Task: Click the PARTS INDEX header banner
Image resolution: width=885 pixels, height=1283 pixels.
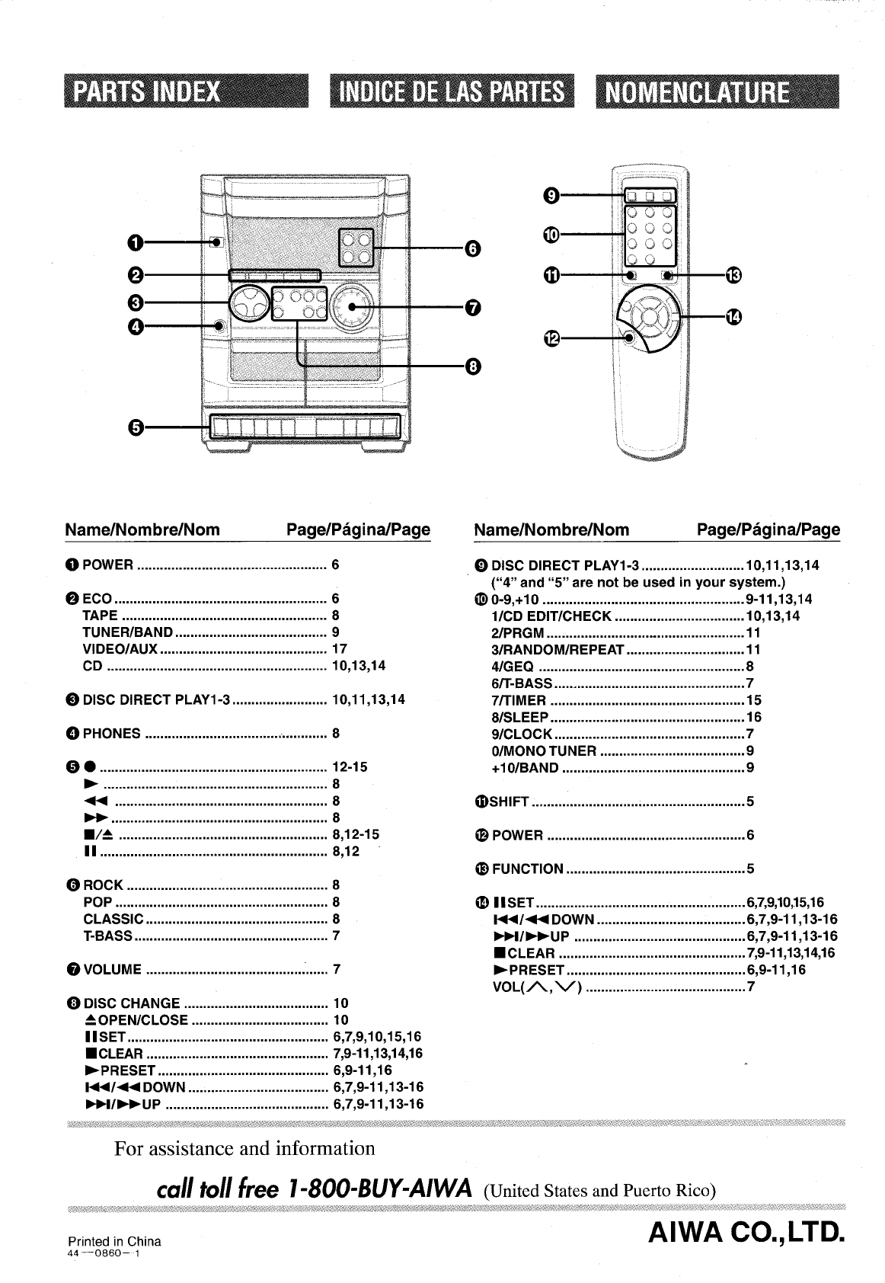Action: pos(186,91)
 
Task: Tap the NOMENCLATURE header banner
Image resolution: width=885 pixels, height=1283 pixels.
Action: pos(717,91)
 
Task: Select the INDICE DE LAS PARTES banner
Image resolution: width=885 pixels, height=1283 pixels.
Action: pos(452,91)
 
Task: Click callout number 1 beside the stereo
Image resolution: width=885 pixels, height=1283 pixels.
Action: pos(135,243)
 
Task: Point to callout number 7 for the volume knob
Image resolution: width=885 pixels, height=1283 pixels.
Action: pos(473,308)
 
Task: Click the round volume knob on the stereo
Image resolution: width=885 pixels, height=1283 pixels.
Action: pos(352,307)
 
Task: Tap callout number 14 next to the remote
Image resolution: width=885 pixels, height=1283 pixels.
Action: pos(734,316)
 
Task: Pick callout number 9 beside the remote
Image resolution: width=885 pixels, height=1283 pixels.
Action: pos(551,196)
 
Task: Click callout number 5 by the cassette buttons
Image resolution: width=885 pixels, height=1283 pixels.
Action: pos(135,427)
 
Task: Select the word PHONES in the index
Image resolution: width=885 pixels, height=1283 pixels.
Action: pos(112,733)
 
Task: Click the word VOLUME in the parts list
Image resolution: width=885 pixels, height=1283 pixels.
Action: pos(112,969)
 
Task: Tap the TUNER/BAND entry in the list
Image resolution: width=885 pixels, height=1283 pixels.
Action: pos(128,632)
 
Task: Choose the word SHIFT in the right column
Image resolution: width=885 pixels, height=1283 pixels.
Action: pos(510,801)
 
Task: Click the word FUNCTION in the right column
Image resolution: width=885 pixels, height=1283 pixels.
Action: pos(528,869)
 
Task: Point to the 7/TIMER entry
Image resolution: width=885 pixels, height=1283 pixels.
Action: pos(519,700)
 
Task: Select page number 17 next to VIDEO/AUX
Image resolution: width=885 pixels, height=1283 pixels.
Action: pos(340,648)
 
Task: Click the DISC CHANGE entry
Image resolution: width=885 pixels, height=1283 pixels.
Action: pos(132,1003)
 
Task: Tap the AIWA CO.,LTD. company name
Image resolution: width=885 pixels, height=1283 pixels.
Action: pos(746,1233)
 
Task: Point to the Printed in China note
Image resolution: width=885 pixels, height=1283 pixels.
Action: pos(114,1241)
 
